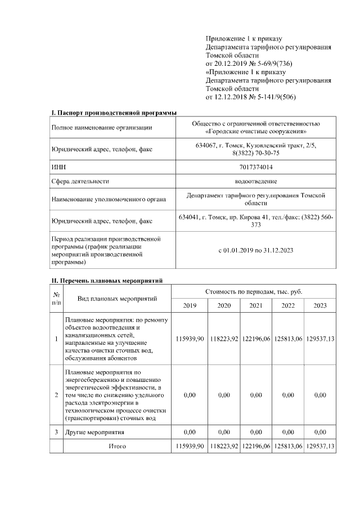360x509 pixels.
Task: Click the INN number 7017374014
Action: tap(256, 167)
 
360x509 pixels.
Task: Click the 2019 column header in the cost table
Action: tap(190, 305)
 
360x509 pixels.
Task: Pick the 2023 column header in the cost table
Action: tap(320, 305)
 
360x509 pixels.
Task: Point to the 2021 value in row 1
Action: tap(256, 339)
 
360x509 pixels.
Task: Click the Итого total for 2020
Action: tap(224, 446)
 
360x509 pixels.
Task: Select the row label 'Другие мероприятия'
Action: tap(93, 432)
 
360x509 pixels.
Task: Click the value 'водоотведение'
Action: tap(256, 182)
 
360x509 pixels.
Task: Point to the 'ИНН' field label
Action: tap(58, 167)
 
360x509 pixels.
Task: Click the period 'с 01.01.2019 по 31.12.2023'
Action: tap(256, 250)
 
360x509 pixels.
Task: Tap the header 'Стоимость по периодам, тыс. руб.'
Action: tap(254, 291)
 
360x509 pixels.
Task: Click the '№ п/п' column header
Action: tap(56, 298)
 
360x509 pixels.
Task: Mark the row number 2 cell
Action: tap(56, 395)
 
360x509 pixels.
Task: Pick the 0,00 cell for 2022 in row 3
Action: tap(288, 432)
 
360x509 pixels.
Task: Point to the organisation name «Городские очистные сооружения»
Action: tap(256, 131)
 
